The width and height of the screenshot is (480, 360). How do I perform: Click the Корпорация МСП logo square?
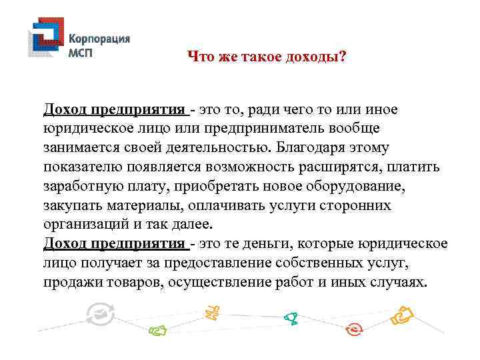45,43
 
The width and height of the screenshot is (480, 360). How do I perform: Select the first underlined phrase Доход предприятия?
114,109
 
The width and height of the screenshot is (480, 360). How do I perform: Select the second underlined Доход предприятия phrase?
114,244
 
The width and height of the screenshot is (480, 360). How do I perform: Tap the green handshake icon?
158,329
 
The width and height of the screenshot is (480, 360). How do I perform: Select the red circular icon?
355,329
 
